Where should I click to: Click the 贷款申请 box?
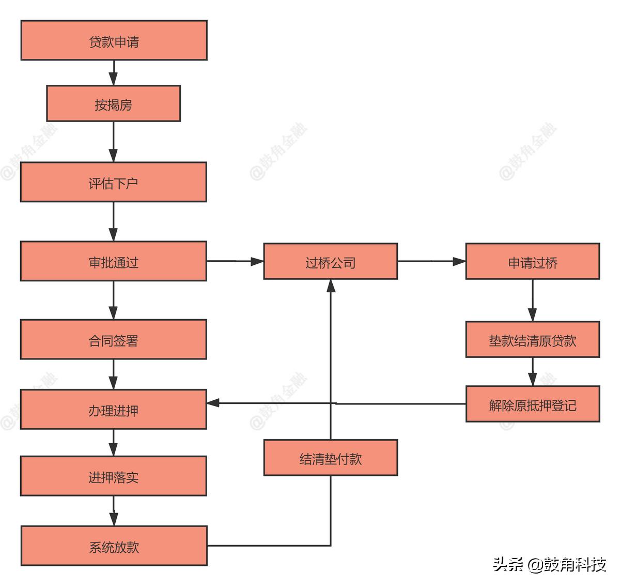point(114,40)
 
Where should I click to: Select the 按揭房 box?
point(114,103)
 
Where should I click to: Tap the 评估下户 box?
point(114,182)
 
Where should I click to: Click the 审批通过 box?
point(114,261)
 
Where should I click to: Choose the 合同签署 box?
point(114,339)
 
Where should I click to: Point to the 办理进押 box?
point(114,410)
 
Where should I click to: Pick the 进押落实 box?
point(114,476)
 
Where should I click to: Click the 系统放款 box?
point(114,546)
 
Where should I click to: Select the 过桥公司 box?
point(331,261)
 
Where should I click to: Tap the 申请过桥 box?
point(533,261)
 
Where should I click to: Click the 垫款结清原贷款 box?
point(533,339)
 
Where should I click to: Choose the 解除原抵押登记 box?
point(533,404)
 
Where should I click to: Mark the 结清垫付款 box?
point(331,458)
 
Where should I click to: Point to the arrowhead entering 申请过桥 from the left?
point(459,261)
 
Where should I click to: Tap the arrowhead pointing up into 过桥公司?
point(331,286)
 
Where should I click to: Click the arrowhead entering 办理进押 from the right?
point(213,403)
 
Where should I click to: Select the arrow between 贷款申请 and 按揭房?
point(114,72)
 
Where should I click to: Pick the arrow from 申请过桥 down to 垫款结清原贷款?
point(533,300)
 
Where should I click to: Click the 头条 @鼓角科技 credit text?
point(549,564)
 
